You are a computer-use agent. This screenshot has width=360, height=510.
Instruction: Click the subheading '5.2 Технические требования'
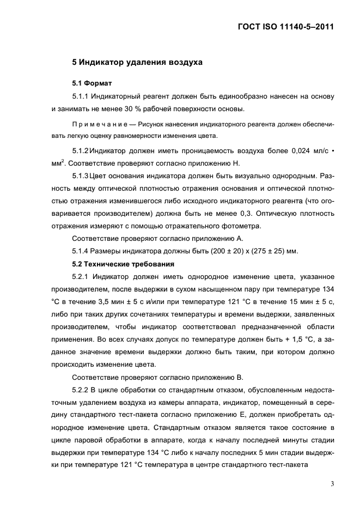pos(123,264)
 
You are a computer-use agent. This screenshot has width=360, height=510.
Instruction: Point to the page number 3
pos(332,483)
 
